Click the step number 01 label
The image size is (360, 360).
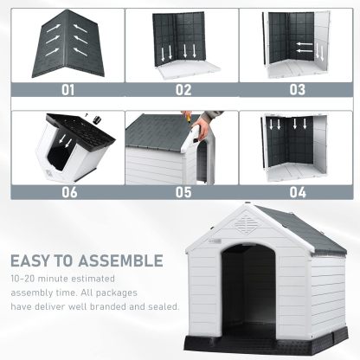pyautogui.click(x=67, y=87)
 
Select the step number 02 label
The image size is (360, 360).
pyautogui.click(x=183, y=87)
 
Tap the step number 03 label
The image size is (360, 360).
pyautogui.click(x=298, y=87)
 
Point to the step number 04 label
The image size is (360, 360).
pyautogui.click(x=298, y=191)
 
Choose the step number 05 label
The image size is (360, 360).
pyautogui.click(x=183, y=191)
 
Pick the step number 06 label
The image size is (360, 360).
pyautogui.click(x=67, y=191)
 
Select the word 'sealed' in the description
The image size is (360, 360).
pyautogui.click(x=161, y=307)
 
